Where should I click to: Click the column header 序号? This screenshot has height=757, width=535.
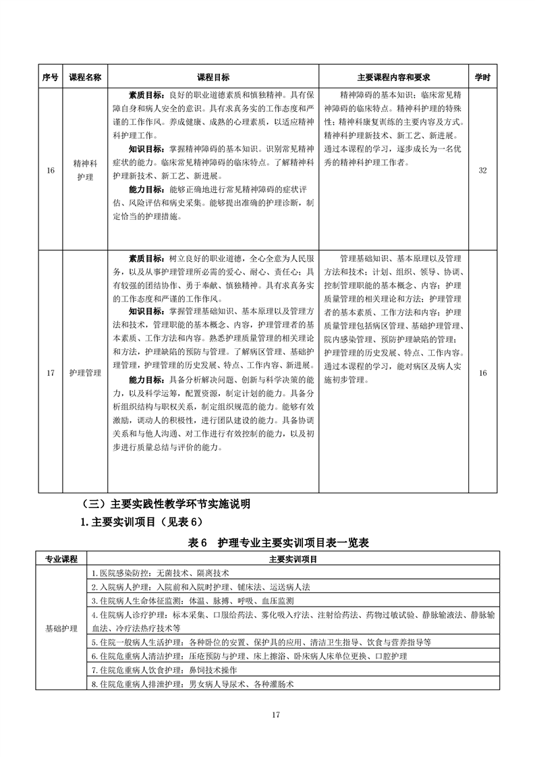coord(51,78)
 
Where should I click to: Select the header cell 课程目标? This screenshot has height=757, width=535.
coord(213,78)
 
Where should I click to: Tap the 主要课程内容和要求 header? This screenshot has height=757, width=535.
coord(393,78)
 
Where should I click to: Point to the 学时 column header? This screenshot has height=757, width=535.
coord(482,78)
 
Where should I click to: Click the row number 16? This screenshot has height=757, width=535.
coord(51,170)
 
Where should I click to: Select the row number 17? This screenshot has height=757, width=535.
coord(51,372)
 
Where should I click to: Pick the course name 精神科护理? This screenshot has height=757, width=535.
coord(85,170)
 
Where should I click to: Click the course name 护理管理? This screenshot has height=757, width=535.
coord(85,372)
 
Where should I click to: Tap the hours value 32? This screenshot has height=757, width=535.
coord(482,170)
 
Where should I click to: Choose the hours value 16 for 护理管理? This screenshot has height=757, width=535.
coord(482,372)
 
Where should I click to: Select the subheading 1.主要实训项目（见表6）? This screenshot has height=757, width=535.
coord(146,522)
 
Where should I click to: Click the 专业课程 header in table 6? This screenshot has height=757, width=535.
coord(61,559)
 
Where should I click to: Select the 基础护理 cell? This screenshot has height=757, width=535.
coord(61,627)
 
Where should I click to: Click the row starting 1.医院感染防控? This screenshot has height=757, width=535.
coord(160,572)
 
